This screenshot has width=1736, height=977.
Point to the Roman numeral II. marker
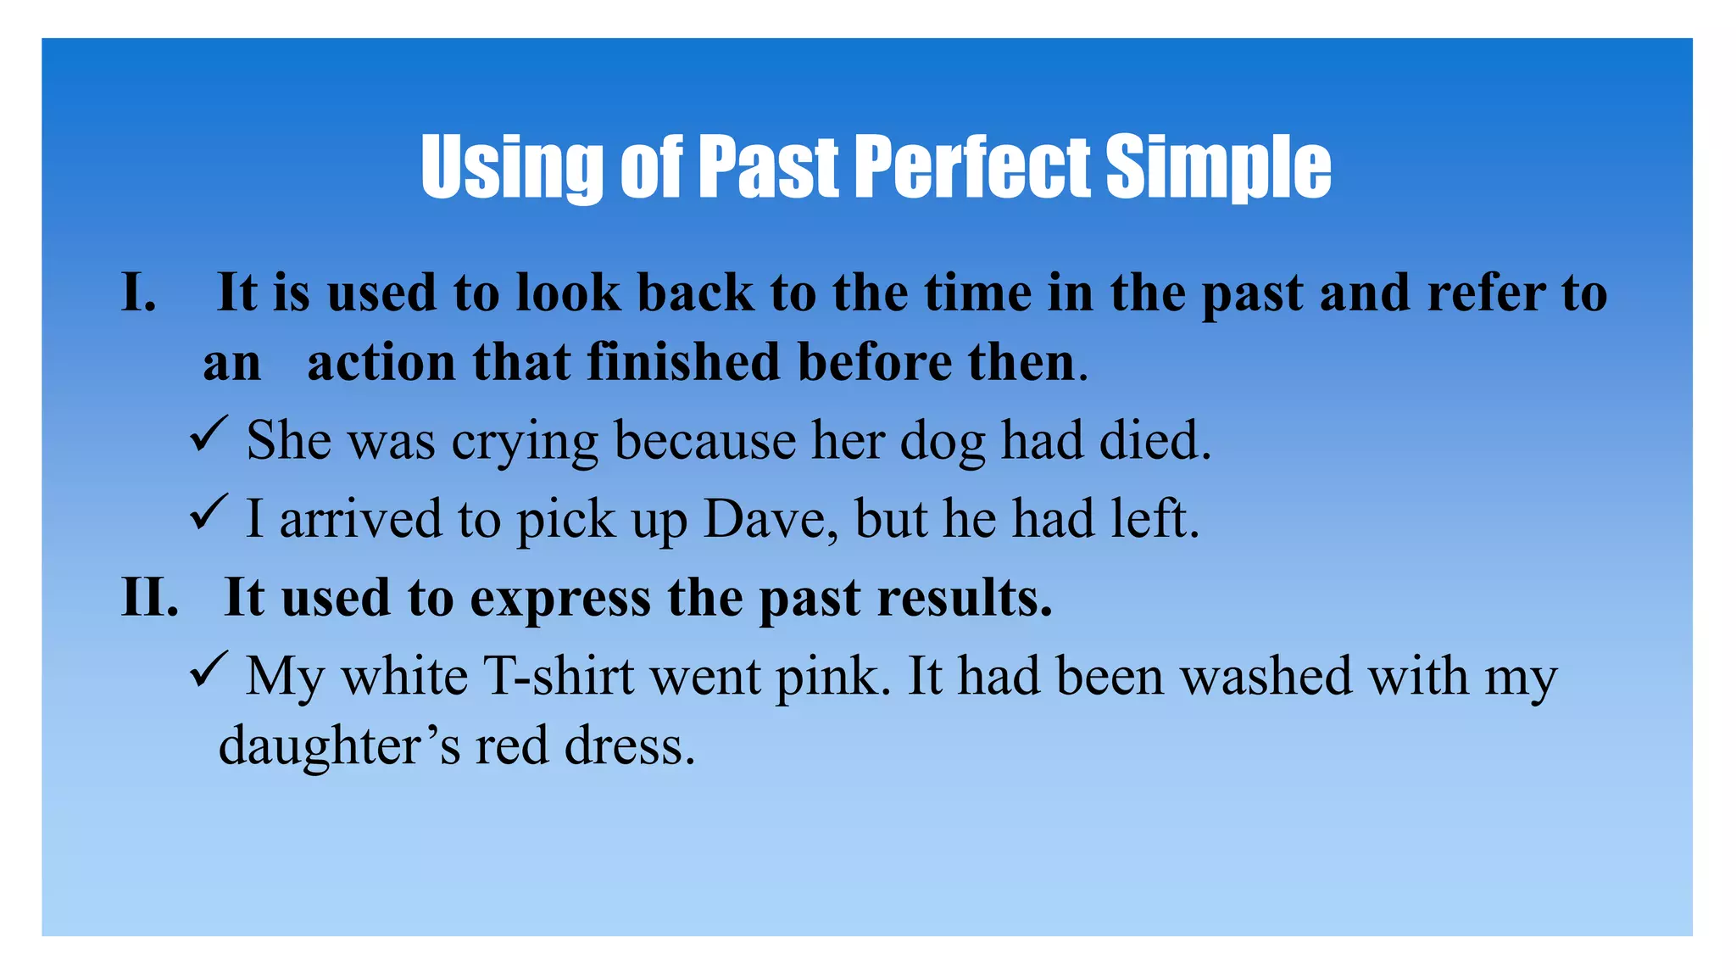(151, 597)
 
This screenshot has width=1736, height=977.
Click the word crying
(525, 442)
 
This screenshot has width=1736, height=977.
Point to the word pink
(832, 677)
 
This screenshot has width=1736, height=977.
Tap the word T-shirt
(559, 677)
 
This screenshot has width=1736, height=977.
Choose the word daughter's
(340, 746)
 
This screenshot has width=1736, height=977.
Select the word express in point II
(560, 599)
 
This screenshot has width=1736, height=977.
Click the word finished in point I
(683, 362)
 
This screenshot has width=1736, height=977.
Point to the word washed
(1266, 677)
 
